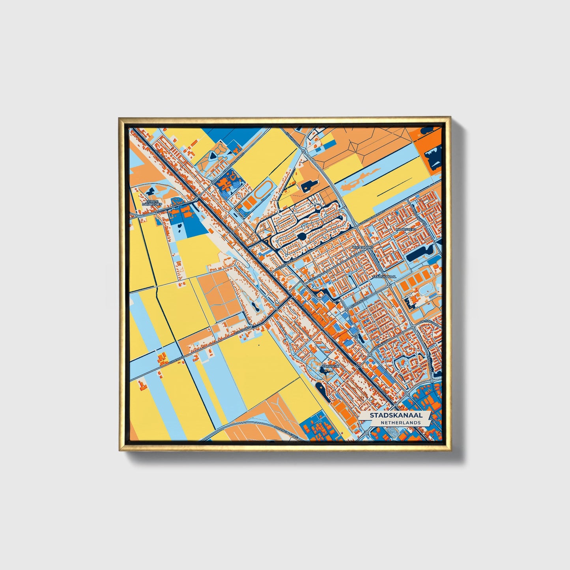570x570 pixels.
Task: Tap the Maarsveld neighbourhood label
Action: pyautogui.click(x=406, y=229)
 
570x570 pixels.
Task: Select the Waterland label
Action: pyautogui.click(x=363, y=247)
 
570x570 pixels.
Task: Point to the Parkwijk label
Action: pyautogui.click(x=331, y=366)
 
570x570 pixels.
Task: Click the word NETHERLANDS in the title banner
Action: pyautogui.click(x=400, y=422)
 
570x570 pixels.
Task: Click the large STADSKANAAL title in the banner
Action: pyautogui.click(x=396, y=415)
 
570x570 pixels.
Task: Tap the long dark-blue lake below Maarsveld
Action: pyautogui.click(x=419, y=254)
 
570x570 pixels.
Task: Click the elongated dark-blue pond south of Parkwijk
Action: pyautogui.click(x=321, y=390)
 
